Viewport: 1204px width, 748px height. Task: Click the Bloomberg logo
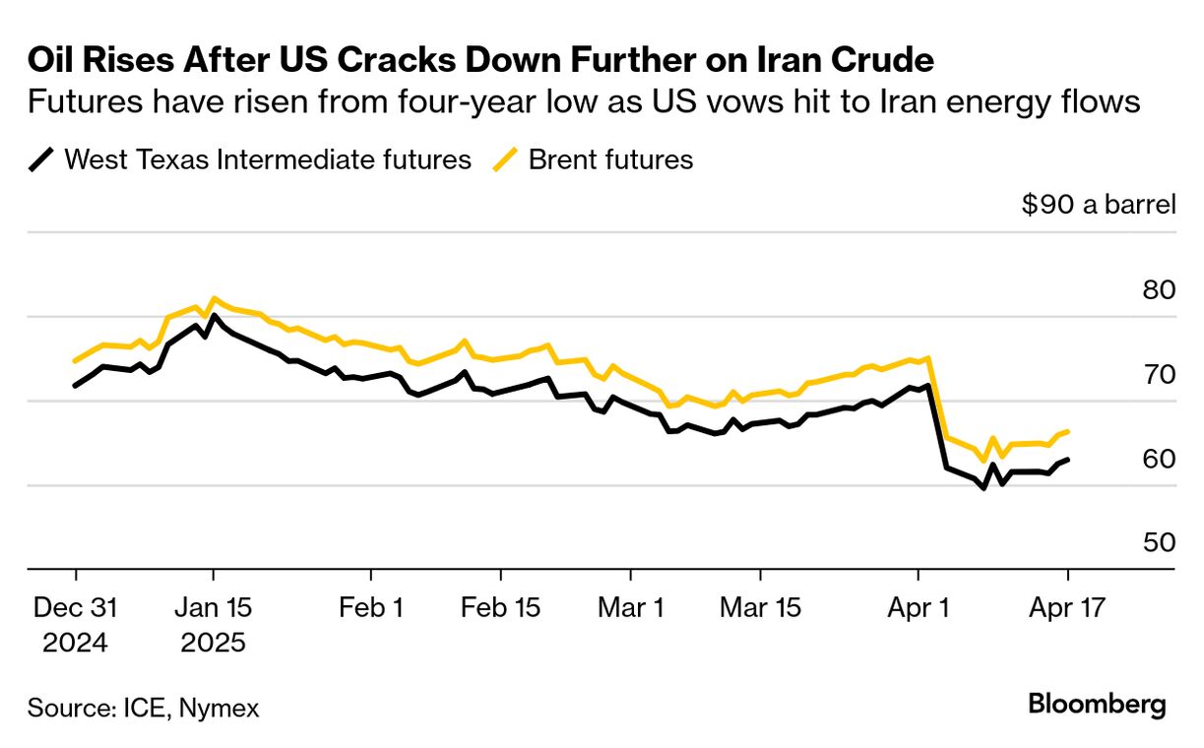1098,705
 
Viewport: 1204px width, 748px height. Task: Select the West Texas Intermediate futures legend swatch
42,159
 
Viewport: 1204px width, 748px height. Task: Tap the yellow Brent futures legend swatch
507,159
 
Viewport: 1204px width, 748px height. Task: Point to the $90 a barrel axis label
1099,205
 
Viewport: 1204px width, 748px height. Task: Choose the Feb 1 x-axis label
371,608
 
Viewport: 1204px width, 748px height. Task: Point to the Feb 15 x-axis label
500,608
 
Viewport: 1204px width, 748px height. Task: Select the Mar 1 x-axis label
630,608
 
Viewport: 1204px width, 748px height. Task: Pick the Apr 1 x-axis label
919,608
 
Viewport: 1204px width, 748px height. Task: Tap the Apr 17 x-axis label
1067,608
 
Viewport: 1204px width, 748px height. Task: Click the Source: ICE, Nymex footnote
144,708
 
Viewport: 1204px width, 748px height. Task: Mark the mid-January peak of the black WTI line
214,316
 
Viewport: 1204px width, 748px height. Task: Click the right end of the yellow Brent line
1068,431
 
